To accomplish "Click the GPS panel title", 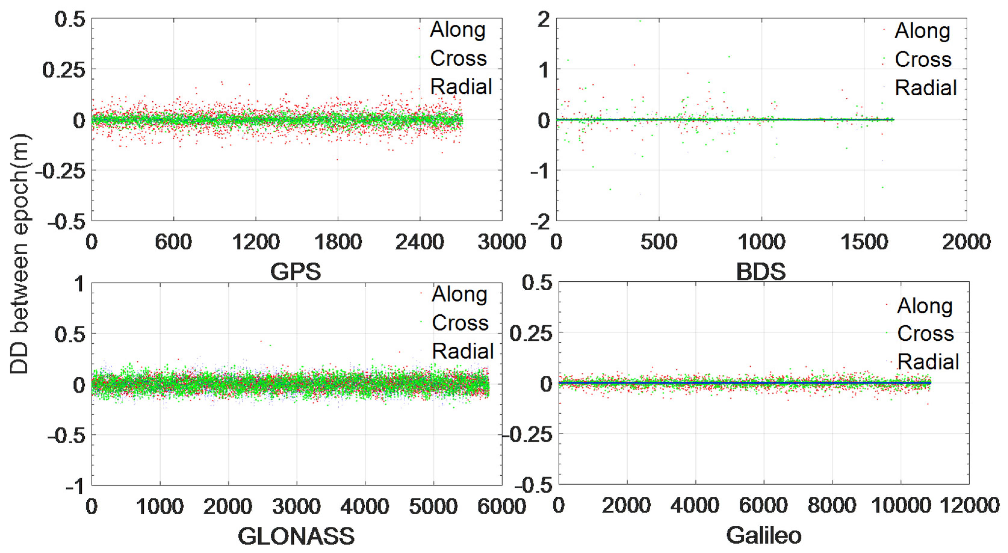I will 295,271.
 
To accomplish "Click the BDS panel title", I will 761,271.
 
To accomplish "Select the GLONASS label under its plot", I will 296,536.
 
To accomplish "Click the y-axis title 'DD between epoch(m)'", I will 19,254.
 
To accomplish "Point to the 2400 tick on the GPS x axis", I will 419,242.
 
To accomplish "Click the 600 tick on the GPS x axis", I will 173,242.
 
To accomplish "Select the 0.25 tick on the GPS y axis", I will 64,70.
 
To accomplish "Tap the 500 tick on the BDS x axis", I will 659,242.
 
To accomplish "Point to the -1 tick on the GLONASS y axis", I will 75,487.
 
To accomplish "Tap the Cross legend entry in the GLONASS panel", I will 460,323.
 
